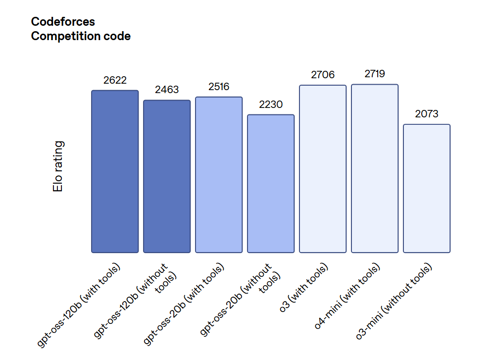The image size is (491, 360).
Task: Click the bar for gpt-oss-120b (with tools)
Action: coord(115,171)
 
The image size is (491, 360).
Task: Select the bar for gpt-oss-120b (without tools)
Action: coord(167,176)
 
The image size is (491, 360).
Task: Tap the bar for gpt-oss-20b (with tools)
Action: coord(219,175)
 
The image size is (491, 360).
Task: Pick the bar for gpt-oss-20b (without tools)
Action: coord(271,184)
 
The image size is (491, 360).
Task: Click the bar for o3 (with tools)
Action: coord(323,169)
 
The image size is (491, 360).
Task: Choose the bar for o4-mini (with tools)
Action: coord(375,168)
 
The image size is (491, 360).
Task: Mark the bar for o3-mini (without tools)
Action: coord(427,188)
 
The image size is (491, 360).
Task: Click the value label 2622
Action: coord(115,80)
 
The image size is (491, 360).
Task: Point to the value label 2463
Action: coord(167,90)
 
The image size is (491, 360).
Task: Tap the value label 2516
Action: coord(219,87)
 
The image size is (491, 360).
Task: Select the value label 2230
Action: coord(271,104)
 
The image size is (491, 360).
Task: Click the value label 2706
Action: coord(323,75)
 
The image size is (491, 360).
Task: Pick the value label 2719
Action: coord(375,74)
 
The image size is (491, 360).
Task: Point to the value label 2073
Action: coord(427,114)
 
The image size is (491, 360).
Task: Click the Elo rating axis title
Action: coord(58,167)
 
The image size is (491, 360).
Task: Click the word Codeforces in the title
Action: coord(63,22)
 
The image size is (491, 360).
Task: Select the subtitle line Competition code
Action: coord(81,36)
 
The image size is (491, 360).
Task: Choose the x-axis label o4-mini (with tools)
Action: coord(347,297)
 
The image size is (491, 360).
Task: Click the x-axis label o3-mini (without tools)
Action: coord(394,302)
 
